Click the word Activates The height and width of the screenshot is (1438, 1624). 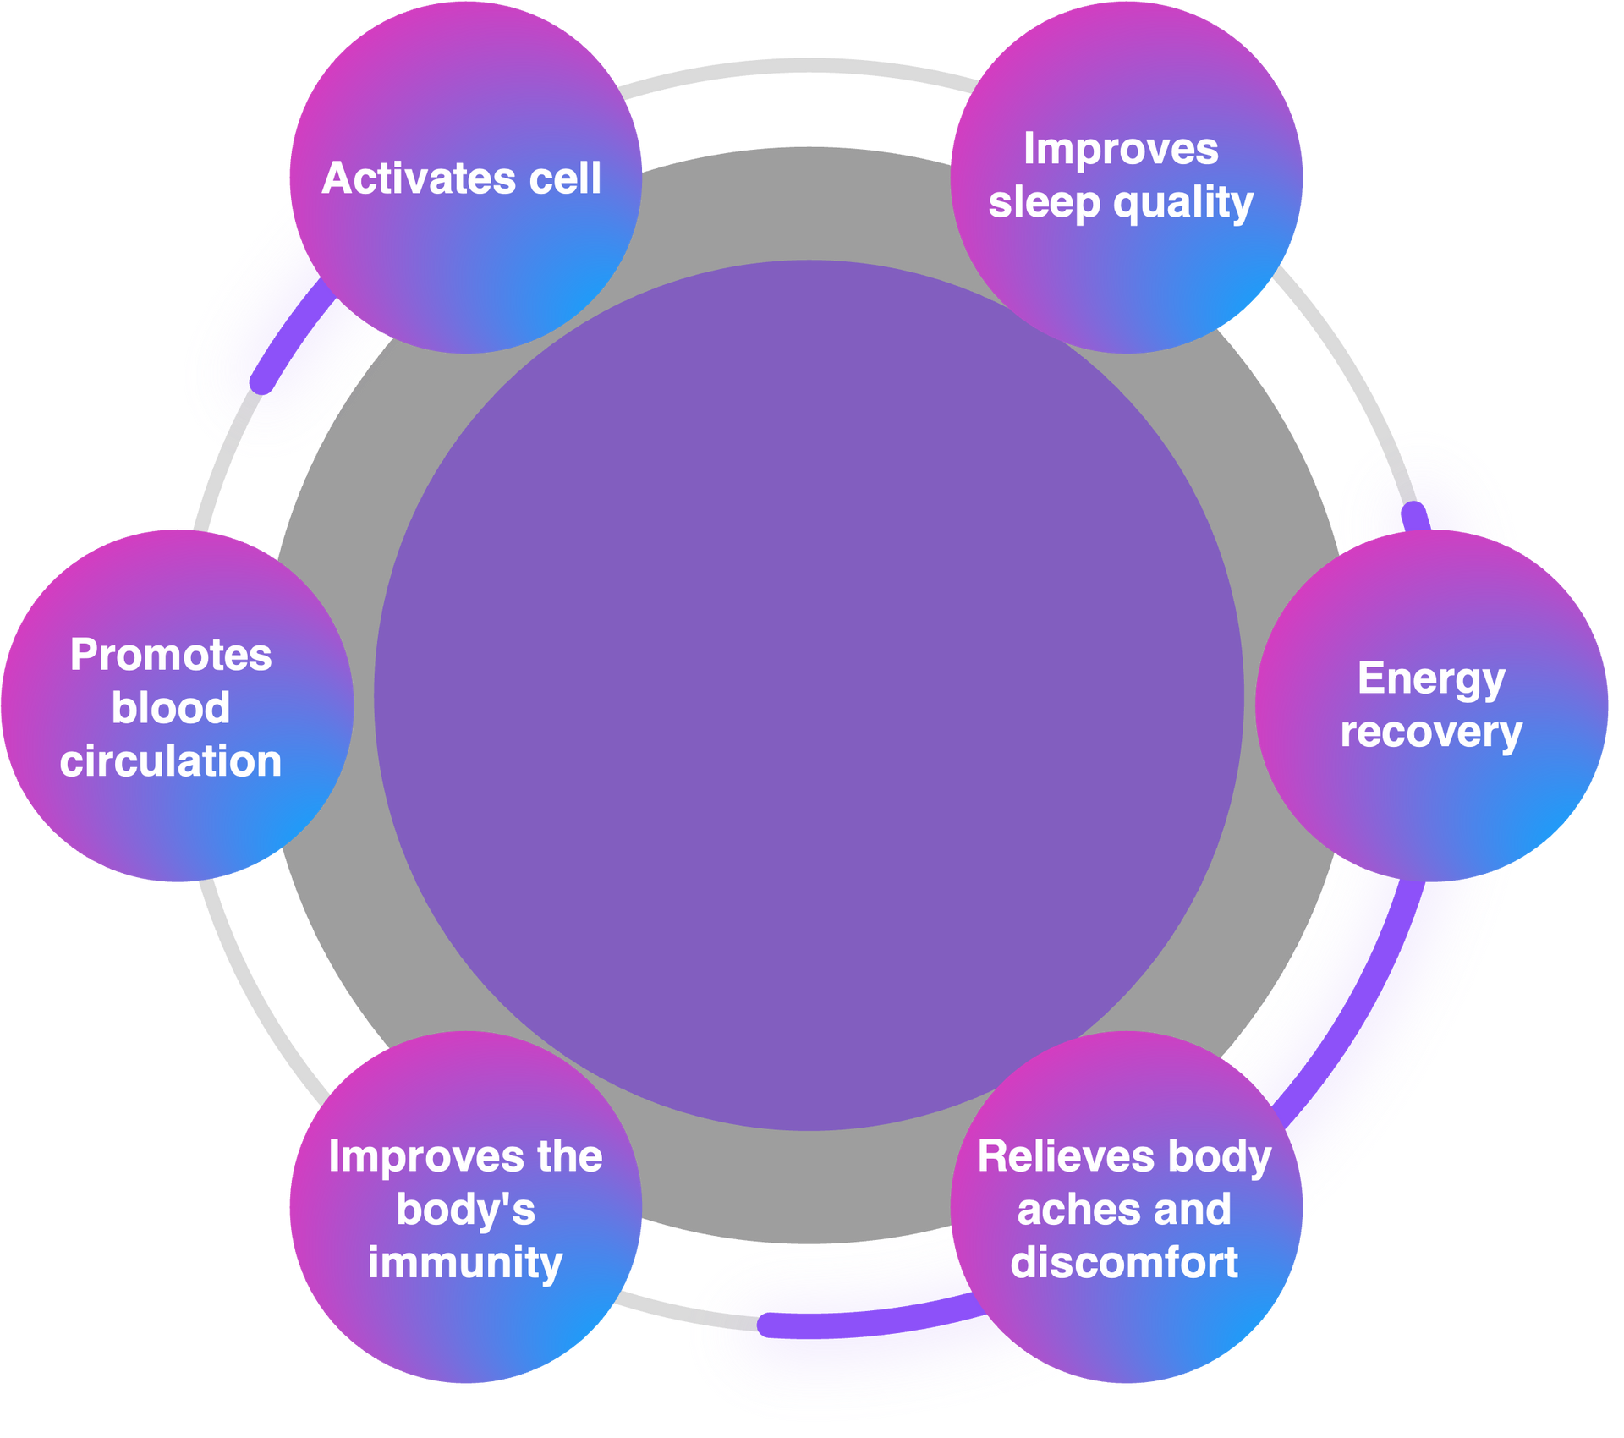click(x=419, y=178)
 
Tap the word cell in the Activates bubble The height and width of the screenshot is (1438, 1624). click(x=565, y=178)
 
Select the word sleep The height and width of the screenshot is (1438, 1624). click(x=1044, y=204)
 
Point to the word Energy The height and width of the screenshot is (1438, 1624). click(x=1432, y=679)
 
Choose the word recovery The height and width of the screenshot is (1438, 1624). click(x=1431, y=732)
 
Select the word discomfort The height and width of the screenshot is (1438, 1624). click(x=1124, y=1263)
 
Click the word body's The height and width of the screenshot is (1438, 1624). click(x=466, y=1210)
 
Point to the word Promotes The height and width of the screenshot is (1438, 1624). click(x=171, y=656)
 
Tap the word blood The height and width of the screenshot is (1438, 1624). click(x=171, y=708)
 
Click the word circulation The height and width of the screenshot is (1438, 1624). click(x=171, y=761)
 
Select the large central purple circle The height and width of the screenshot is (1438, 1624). click(x=809, y=695)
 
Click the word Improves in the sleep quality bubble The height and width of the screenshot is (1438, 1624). click(x=1121, y=150)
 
